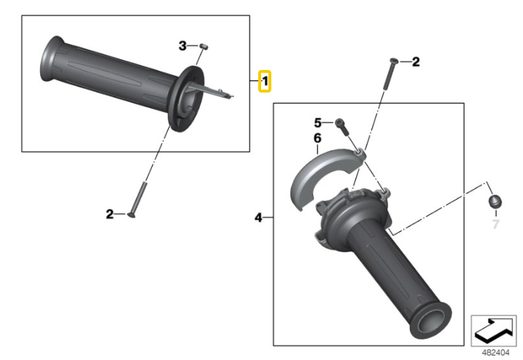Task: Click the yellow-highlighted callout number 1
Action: (x=266, y=81)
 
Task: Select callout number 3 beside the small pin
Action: (x=183, y=46)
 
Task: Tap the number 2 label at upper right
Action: (x=416, y=63)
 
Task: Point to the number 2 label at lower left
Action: (x=109, y=214)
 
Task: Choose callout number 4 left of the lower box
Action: (x=259, y=217)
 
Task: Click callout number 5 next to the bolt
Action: (x=318, y=122)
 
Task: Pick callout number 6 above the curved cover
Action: (x=318, y=137)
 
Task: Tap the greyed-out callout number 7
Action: (x=496, y=224)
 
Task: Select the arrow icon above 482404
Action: (x=495, y=331)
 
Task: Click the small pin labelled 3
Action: (x=204, y=47)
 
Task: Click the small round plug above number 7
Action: (x=494, y=203)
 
